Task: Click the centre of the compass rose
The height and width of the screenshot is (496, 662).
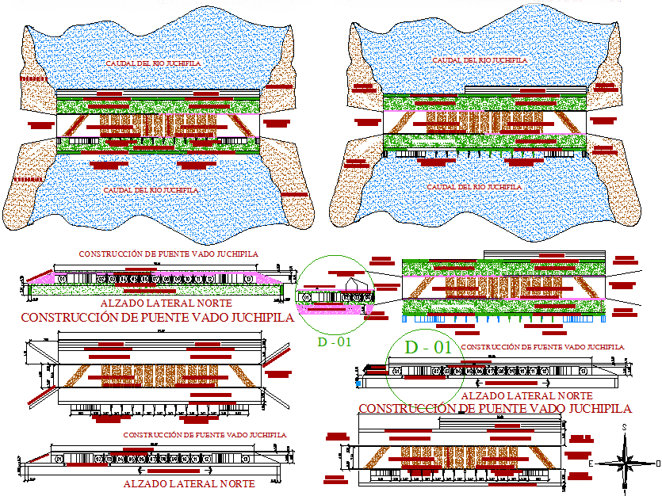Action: click(626, 460)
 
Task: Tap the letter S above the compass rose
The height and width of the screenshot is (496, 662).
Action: click(625, 428)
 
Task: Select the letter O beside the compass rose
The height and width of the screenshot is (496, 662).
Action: click(657, 460)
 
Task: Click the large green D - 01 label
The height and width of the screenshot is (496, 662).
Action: click(428, 347)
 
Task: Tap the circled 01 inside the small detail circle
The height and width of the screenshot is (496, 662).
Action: click(307, 297)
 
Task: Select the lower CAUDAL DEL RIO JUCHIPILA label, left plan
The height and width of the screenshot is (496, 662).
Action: click(151, 190)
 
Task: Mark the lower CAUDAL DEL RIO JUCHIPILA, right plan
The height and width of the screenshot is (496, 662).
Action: click(474, 187)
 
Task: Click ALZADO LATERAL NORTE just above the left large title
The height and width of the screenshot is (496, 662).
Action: click(166, 303)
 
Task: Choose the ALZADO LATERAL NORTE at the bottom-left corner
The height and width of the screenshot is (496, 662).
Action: click(189, 483)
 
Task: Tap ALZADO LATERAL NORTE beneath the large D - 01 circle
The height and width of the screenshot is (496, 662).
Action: click(526, 395)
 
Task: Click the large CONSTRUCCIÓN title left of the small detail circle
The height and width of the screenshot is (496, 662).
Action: click(157, 317)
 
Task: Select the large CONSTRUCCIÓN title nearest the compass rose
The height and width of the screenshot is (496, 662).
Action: click(496, 409)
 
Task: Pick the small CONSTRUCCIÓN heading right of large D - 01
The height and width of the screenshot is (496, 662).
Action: click(541, 347)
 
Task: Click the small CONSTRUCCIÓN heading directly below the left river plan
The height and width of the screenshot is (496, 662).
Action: click(168, 254)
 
